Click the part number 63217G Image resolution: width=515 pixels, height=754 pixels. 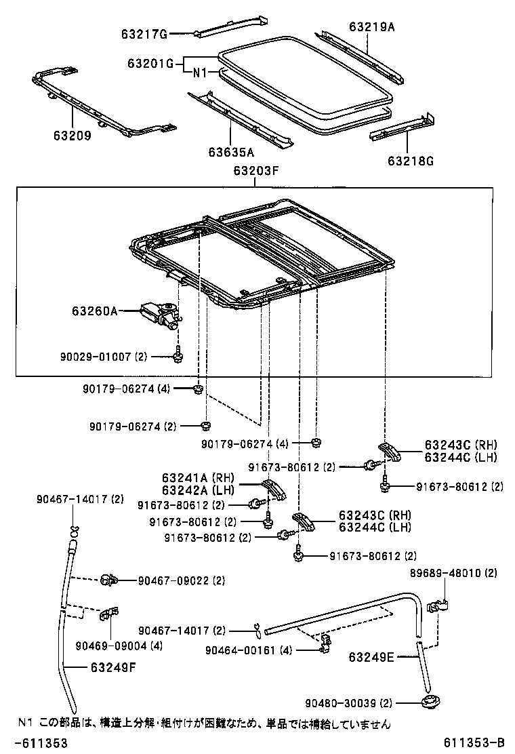[x=144, y=33]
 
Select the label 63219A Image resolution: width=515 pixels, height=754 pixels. [x=372, y=26]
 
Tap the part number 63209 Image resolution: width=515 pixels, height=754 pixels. [x=68, y=135]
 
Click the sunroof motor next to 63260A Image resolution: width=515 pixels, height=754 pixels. [x=160, y=313]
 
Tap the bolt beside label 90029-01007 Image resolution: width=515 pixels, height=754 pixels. [x=177, y=354]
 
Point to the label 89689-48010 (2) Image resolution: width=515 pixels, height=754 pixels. [x=453, y=573]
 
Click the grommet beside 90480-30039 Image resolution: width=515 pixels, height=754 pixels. [x=429, y=703]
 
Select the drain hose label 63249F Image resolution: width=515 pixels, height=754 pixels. [x=113, y=667]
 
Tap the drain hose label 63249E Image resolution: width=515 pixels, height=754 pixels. [x=371, y=656]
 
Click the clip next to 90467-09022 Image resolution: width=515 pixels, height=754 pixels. [x=108, y=580]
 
